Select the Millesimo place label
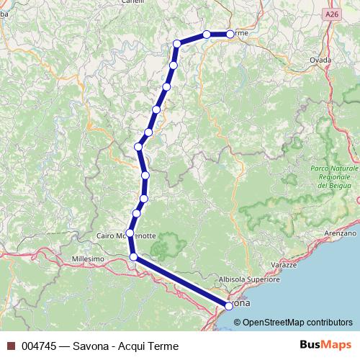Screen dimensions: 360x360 88,258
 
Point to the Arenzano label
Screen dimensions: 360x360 340,233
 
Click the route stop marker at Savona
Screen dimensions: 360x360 229,305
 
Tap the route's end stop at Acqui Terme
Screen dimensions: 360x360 230,34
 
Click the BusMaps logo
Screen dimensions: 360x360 322,345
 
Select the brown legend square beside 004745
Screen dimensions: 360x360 11,346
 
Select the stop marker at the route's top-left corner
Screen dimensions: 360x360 176,44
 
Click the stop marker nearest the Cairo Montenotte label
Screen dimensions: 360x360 130,233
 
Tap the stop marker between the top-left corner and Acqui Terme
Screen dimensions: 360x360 207,34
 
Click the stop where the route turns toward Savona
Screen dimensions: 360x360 132,256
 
